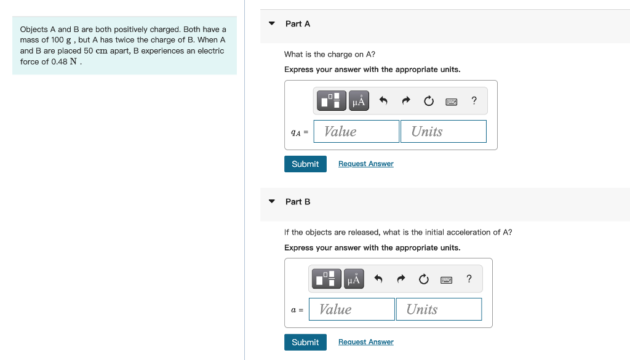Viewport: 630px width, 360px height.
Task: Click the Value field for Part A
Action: pyautogui.click(x=356, y=131)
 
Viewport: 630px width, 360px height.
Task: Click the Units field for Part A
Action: pyautogui.click(x=443, y=131)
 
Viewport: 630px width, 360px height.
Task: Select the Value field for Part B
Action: pyautogui.click(x=351, y=309)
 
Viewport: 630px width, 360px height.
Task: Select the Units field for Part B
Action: pyautogui.click(x=439, y=309)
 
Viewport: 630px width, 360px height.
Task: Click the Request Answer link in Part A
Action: pyautogui.click(x=365, y=164)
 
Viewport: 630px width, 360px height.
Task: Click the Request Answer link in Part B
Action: pyautogui.click(x=365, y=342)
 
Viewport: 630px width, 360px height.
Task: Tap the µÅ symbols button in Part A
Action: pyautogui.click(x=359, y=100)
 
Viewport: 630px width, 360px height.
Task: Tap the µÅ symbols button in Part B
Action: pyautogui.click(x=354, y=279)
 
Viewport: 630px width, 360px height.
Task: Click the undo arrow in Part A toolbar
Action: pyautogui.click(x=383, y=101)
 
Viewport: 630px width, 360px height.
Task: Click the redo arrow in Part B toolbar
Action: pyautogui.click(x=401, y=279)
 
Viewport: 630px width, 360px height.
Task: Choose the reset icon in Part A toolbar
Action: pyautogui.click(x=429, y=101)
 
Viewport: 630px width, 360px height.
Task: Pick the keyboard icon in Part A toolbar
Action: pyautogui.click(x=452, y=101)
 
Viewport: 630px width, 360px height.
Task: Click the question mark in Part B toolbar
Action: pyautogui.click(x=469, y=279)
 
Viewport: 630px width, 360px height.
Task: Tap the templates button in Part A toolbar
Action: pyautogui.click(x=333, y=100)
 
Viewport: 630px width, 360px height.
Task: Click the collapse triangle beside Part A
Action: pyautogui.click(x=272, y=23)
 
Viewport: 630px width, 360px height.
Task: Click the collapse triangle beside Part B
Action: pyautogui.click(x=272, y=201)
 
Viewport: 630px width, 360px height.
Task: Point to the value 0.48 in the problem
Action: pyautogui.click(x=59, y=62)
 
